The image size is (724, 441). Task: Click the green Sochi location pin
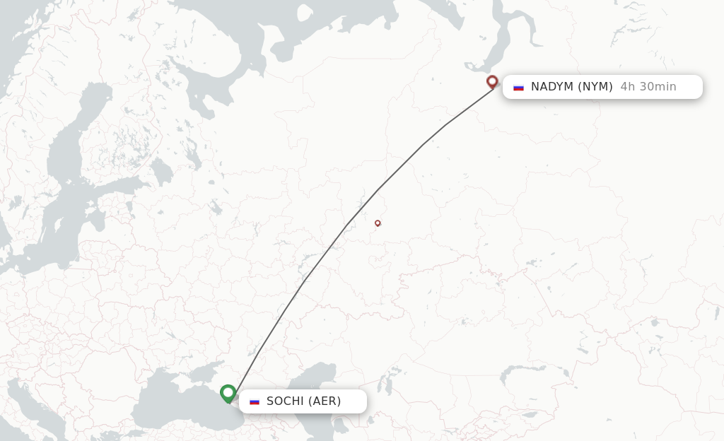228,393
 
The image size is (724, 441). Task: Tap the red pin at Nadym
492,82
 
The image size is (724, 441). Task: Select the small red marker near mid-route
378,223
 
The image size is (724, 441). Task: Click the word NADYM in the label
552,87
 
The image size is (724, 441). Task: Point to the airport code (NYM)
595,87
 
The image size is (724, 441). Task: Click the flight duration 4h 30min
648,87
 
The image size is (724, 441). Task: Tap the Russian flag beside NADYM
518,88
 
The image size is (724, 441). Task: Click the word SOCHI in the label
286,401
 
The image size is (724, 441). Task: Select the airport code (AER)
325,401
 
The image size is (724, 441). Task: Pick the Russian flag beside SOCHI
255,401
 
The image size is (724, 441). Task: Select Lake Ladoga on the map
162,170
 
